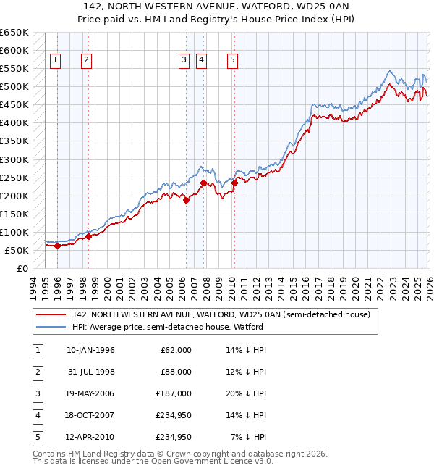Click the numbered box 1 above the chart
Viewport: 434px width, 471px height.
click(56, 60)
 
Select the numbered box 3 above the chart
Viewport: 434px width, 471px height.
click(184, 60)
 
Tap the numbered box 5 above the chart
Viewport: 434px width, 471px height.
click(232, 60)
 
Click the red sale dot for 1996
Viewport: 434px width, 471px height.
click(57, 246)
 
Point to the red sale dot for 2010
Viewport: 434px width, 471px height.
click(234, 183)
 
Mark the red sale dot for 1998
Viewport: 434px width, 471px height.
click(88, 236)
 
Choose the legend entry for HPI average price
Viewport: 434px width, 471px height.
click(167, 327)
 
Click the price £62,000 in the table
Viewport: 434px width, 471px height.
click(176, 350)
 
